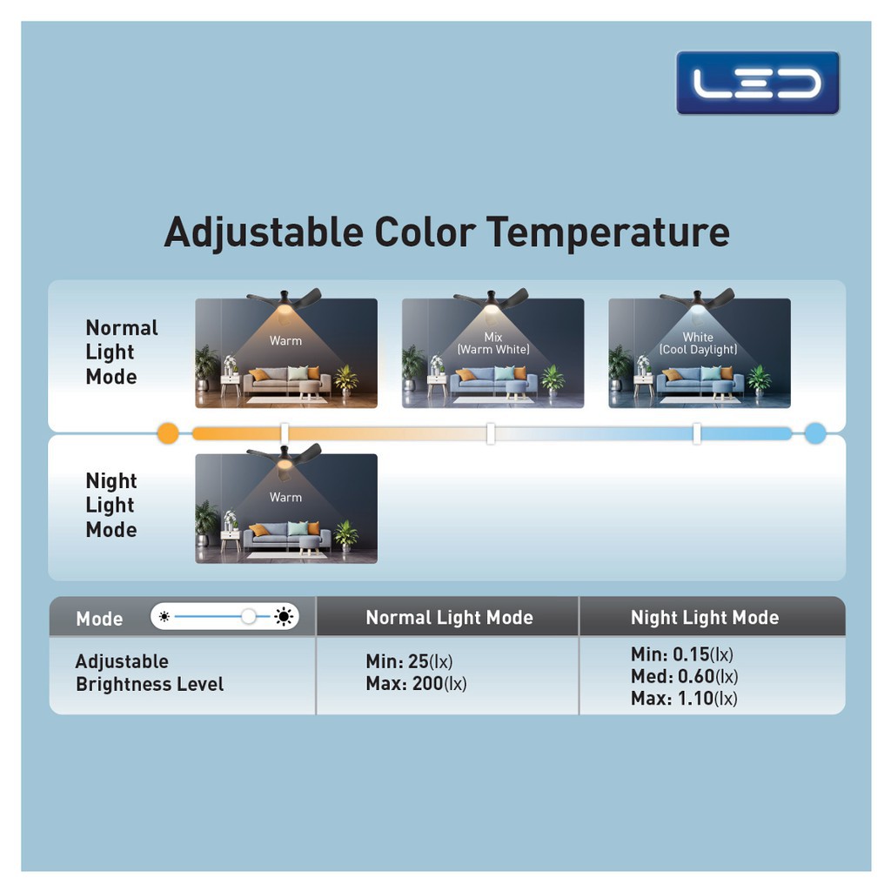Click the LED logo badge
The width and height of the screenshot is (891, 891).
click(x=758, y=83)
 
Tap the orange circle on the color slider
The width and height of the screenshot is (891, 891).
click(x=168, y=433)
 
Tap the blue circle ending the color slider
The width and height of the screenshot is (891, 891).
click(x=814, y=433)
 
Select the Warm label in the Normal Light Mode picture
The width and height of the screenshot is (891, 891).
click(x=285, y=340)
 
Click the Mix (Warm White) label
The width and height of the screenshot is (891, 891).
click(x=493, y=343)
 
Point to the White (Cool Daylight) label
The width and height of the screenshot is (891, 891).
click(x=698, y=343)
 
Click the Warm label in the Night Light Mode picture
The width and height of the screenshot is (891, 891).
click(x=285, y=497)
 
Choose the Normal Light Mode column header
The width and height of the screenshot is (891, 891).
click(x=450, y=617)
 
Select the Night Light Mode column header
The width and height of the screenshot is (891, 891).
click(x=705, y=617)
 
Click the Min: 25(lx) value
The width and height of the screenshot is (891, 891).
click(x=409, y=661)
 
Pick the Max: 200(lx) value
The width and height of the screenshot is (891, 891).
click(x=416, y=684)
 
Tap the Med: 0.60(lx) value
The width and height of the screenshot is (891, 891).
click(x=684, y=676)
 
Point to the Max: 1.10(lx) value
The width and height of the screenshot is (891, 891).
click(x=684, y=699)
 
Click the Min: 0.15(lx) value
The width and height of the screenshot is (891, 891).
click(x=682, y=654)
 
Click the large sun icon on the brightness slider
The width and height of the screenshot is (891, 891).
click(x=284, y=617)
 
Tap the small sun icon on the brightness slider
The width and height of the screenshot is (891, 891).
click(x=164, y=617)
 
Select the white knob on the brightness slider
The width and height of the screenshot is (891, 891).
click(x=248, y=617)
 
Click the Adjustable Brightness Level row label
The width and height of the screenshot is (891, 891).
click(x=150, y=673)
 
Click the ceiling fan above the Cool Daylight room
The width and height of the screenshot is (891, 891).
click(x=697, y=300)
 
